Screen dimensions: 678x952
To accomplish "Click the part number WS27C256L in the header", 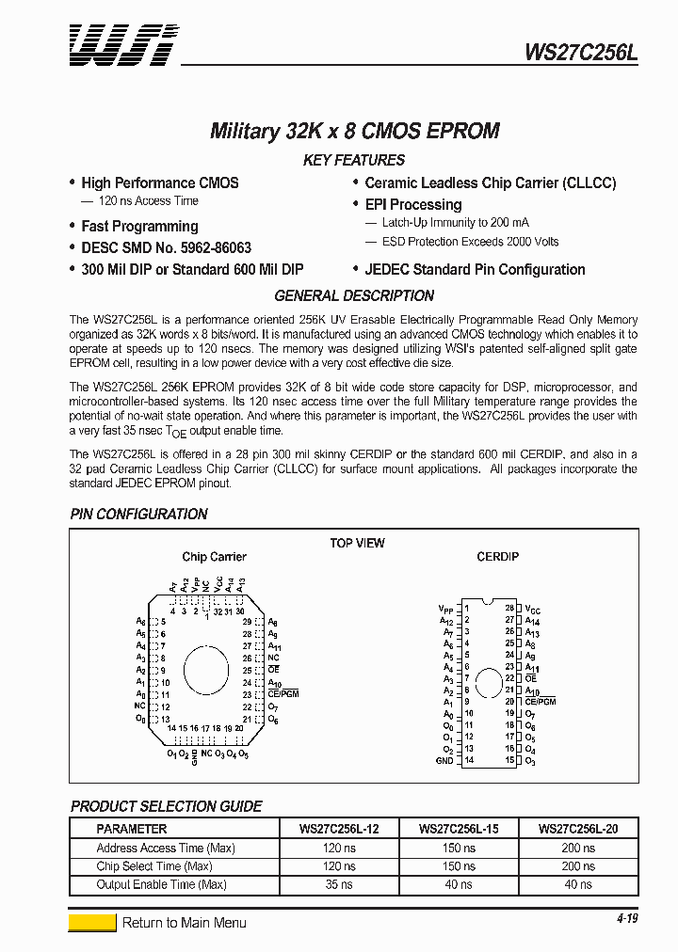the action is click(x=581, y=54).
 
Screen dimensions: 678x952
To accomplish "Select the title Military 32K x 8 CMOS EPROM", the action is click(x=354, y=131).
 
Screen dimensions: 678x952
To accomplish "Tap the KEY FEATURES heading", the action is click(x=354, y=160).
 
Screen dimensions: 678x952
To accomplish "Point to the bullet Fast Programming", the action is click(x=139, y=226).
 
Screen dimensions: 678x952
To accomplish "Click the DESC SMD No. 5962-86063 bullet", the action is click(x=166, y=247).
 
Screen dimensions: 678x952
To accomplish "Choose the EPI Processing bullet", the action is click(x=412, y=204).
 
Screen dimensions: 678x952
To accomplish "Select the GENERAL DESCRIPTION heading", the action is click(x=354, y=295).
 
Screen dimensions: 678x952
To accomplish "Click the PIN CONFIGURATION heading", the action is click(x=138, y=514).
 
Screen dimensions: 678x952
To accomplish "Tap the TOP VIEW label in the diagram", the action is click(x=357, y=543).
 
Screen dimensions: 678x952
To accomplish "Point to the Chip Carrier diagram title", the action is click(x=214, y=557).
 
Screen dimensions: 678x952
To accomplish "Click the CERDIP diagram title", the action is click(x=497, y=557).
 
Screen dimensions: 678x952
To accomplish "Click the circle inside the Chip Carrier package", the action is click(x=205, y=669).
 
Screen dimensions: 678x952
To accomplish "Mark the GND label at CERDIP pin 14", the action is click(x=444, y=760).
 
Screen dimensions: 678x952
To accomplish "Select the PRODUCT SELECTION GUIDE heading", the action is click(x=166, y=806).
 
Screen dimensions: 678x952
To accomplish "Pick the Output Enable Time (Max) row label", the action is click(x=161, y=884).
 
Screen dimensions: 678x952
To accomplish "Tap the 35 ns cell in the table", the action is click(x=337, y=884).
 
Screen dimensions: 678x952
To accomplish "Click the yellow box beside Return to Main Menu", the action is click(x=92, y=923).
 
